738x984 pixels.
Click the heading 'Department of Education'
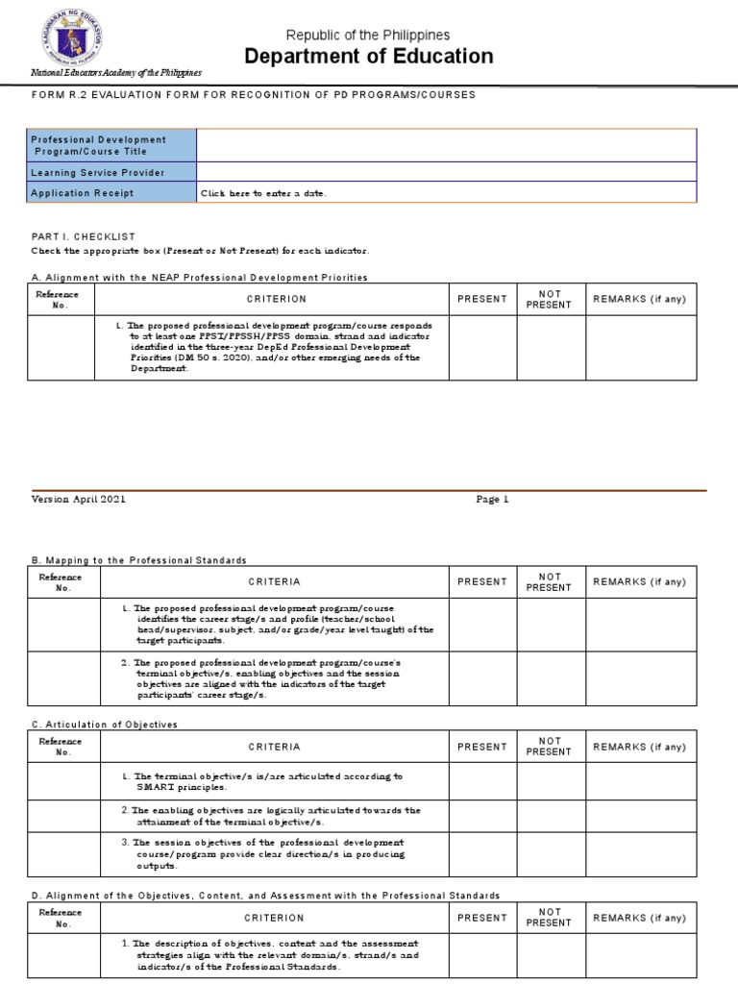(369, 57)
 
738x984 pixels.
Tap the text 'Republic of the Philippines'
(369, 35)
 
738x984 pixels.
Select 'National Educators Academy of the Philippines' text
(116, 73)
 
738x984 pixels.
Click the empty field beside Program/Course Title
(446, 145)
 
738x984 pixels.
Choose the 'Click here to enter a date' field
(263, 193)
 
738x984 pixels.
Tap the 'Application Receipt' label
(83, 193)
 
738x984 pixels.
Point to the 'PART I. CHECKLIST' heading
(84, 236)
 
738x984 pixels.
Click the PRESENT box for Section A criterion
(482, 347)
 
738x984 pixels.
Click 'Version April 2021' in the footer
(79, 500)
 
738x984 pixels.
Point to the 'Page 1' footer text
(492, 500)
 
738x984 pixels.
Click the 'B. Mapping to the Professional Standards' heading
(139, 560)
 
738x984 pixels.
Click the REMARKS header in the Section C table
(640, 747)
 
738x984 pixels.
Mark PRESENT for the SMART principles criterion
(482, 781)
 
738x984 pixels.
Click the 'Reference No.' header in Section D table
(60, 918)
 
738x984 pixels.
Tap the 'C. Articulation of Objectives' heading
(105, 725)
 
